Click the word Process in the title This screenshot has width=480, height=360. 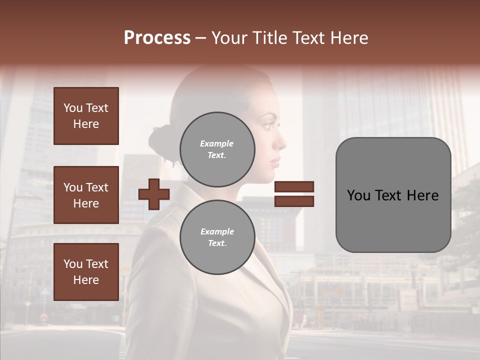click(x=157, y=38)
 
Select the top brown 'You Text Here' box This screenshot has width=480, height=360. click(x=86, y=116)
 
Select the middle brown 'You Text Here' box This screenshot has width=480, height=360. click(x=86, y=195)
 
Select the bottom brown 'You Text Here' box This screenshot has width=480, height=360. click(x=86, y=272)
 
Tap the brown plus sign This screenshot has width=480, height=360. click(x=154, y=194)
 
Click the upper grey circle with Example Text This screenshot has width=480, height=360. click(x=217, y=149)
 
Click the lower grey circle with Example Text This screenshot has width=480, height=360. click(x=217, y=237)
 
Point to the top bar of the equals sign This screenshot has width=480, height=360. click(x=294, y=186)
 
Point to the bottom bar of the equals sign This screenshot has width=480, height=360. click(x=294, y=201)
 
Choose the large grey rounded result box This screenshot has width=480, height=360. click(x=393, y=195)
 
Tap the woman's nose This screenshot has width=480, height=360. click(x=283, y=143)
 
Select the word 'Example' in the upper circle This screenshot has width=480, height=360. click(x=217, y=143)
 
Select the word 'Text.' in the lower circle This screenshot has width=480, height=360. click(x=217, y=243)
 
